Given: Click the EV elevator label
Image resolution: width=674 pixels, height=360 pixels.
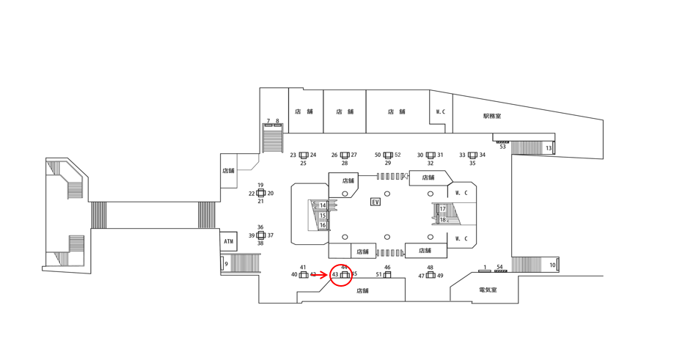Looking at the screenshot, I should (x=376, y=202).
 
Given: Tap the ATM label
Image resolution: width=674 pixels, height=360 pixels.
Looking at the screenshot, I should (x=229, y=241).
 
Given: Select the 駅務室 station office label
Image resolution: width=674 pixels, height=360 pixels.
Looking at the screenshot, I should (x=492, y=116).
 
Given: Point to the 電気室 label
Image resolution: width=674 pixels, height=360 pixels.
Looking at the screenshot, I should (x=488, y=290).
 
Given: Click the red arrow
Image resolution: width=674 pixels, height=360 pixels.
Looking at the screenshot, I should (x=320, y=275).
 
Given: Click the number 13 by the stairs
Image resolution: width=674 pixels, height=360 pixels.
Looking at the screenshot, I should (x=549, y=149).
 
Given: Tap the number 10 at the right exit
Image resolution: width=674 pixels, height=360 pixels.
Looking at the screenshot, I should (x=552, y=265).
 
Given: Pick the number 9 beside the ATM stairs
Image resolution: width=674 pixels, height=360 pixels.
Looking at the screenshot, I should (x=227, y=264).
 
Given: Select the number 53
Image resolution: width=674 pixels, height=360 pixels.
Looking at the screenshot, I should (x=502, y=147).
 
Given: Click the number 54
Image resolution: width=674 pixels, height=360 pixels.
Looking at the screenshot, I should (x=499, y=267).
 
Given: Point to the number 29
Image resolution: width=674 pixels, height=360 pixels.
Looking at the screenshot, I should (x=388, y=164).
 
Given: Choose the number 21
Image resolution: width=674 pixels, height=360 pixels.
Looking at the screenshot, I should (x=260, y=201).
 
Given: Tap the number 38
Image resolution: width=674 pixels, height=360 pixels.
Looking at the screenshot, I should (x=260, y=243).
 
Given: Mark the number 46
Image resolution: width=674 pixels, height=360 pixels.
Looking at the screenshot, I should (x=387, y=268).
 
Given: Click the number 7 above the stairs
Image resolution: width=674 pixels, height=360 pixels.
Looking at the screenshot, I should (x=268, y=122).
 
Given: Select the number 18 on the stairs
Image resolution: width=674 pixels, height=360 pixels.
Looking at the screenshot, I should (x=443, y=220).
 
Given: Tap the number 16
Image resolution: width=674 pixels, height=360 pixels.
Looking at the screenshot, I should (x=323, y=225).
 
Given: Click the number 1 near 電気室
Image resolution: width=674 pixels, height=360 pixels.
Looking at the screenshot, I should (x=485, y=268).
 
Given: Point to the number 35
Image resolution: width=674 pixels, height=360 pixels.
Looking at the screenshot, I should (x=472, y=164).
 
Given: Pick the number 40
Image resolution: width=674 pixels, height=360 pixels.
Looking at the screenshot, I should (x=294, y=275).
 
